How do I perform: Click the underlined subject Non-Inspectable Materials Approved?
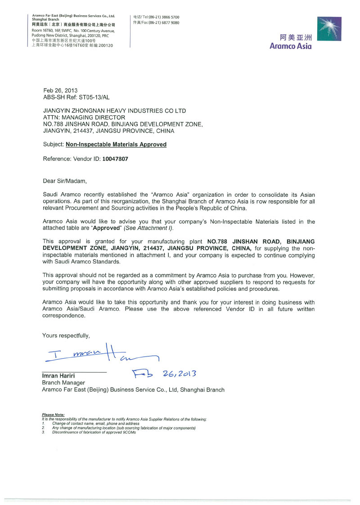[116, 144]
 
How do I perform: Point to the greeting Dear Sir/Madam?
[64, 181]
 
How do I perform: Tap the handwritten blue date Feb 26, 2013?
[164, 374]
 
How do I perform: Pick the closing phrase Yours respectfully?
[66, 335]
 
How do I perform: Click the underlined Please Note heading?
[53, 415]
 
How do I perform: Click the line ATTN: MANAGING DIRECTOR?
[84, 117]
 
